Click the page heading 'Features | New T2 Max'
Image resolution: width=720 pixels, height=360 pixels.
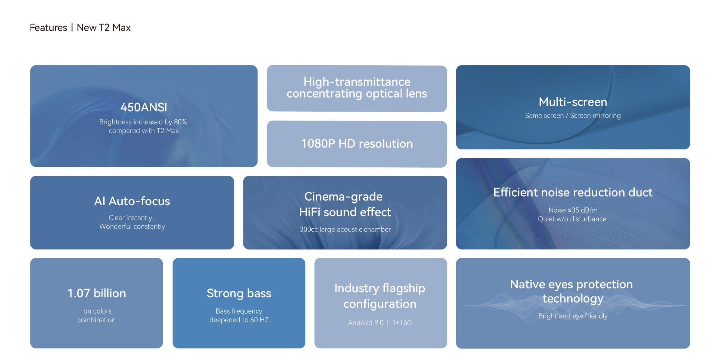point(80,28)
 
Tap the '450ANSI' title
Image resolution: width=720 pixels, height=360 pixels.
point(144,107)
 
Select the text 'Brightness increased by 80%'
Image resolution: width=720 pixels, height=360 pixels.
point(143,122)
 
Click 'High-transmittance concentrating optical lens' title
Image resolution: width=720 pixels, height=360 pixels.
point(357,88)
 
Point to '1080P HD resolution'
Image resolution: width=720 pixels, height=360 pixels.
point(357,144)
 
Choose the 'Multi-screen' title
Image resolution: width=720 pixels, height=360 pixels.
point(573,102)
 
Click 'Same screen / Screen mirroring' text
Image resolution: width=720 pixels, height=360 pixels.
point(573,116)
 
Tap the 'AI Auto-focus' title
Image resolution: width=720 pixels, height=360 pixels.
point(132,201)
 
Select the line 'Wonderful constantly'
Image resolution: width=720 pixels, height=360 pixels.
point(132,226)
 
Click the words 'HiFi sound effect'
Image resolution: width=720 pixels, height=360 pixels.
point(345,212)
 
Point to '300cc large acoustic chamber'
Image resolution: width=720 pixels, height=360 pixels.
point(345,229)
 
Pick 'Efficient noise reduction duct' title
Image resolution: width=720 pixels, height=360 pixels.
point(573,192)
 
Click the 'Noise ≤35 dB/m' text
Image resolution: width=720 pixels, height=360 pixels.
point(573,210)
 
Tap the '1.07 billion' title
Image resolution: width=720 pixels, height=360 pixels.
point(96,293)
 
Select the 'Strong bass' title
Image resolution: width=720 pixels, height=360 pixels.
point(239,293)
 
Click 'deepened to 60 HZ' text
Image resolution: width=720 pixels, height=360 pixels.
point(239,320)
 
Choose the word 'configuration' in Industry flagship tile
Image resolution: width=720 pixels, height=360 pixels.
point(380,304)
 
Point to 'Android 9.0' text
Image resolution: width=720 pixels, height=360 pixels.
point(366,323)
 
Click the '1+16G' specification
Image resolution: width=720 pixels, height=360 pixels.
point(402,323)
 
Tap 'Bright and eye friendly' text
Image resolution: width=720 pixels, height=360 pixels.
point(573,316)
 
